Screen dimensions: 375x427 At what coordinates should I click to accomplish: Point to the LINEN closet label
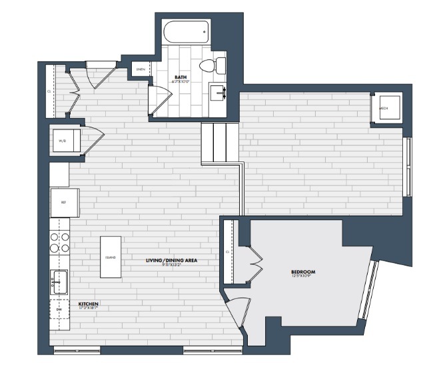[141, 69]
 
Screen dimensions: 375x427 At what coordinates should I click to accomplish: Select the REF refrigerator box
[65, 202]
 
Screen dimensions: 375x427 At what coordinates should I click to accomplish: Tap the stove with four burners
[59, 242]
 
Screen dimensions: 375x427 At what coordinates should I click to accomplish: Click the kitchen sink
[59, 281]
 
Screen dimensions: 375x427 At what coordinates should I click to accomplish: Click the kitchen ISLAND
[111, 257]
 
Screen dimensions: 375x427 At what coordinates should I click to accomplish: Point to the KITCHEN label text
[89, 304]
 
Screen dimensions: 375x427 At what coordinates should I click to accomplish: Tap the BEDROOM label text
[303, 272]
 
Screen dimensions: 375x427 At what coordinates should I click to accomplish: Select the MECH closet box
[385, 107]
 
